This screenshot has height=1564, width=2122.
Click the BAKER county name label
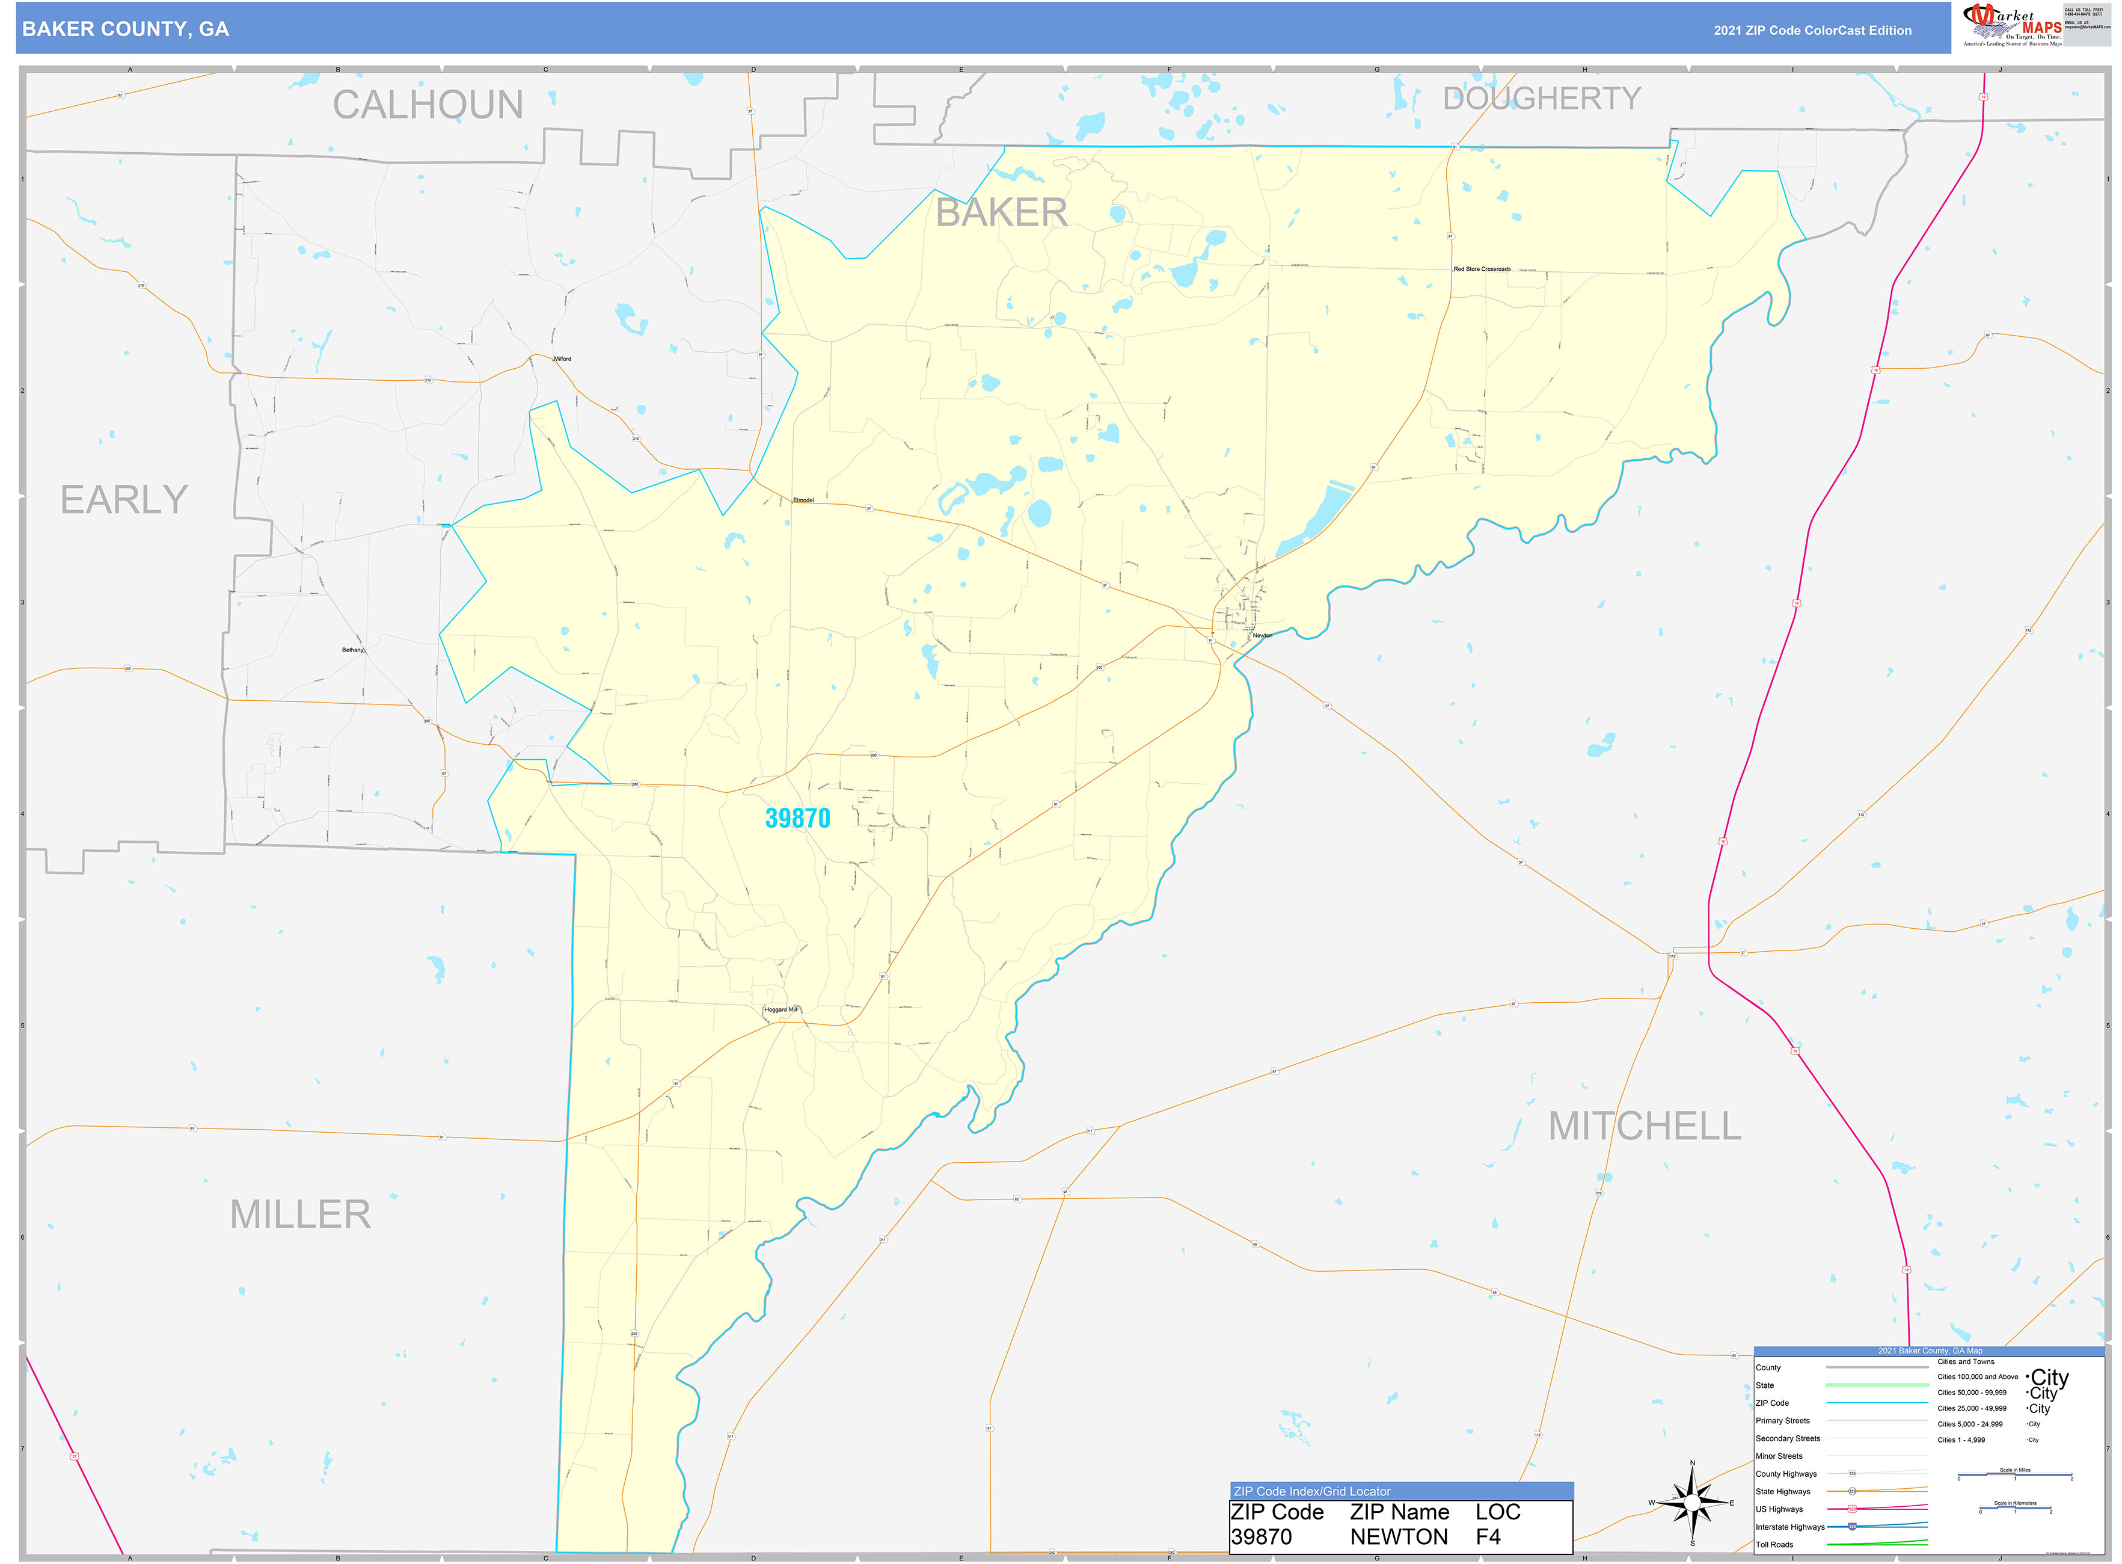(x=1001, y=213)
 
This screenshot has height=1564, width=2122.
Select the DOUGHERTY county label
(x=1541, y=99)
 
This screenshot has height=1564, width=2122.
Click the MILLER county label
(x=300, y=1215)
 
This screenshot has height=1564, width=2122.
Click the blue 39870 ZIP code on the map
(x=797, y=819)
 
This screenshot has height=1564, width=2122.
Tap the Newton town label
(x=1263, y=635)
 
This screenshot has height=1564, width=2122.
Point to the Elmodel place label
(x=803, y=500)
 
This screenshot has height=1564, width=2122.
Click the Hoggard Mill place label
(x=781, y=1009)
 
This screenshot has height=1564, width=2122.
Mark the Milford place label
(x=562, y=359)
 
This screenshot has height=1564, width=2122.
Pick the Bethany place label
(x=352, y=650)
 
